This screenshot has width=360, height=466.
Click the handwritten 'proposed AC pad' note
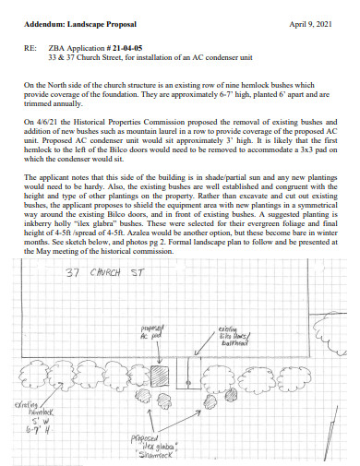(152, 333)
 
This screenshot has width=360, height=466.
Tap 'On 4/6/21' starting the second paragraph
(42, 122)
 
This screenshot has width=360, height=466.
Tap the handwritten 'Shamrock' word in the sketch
(156, 457)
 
